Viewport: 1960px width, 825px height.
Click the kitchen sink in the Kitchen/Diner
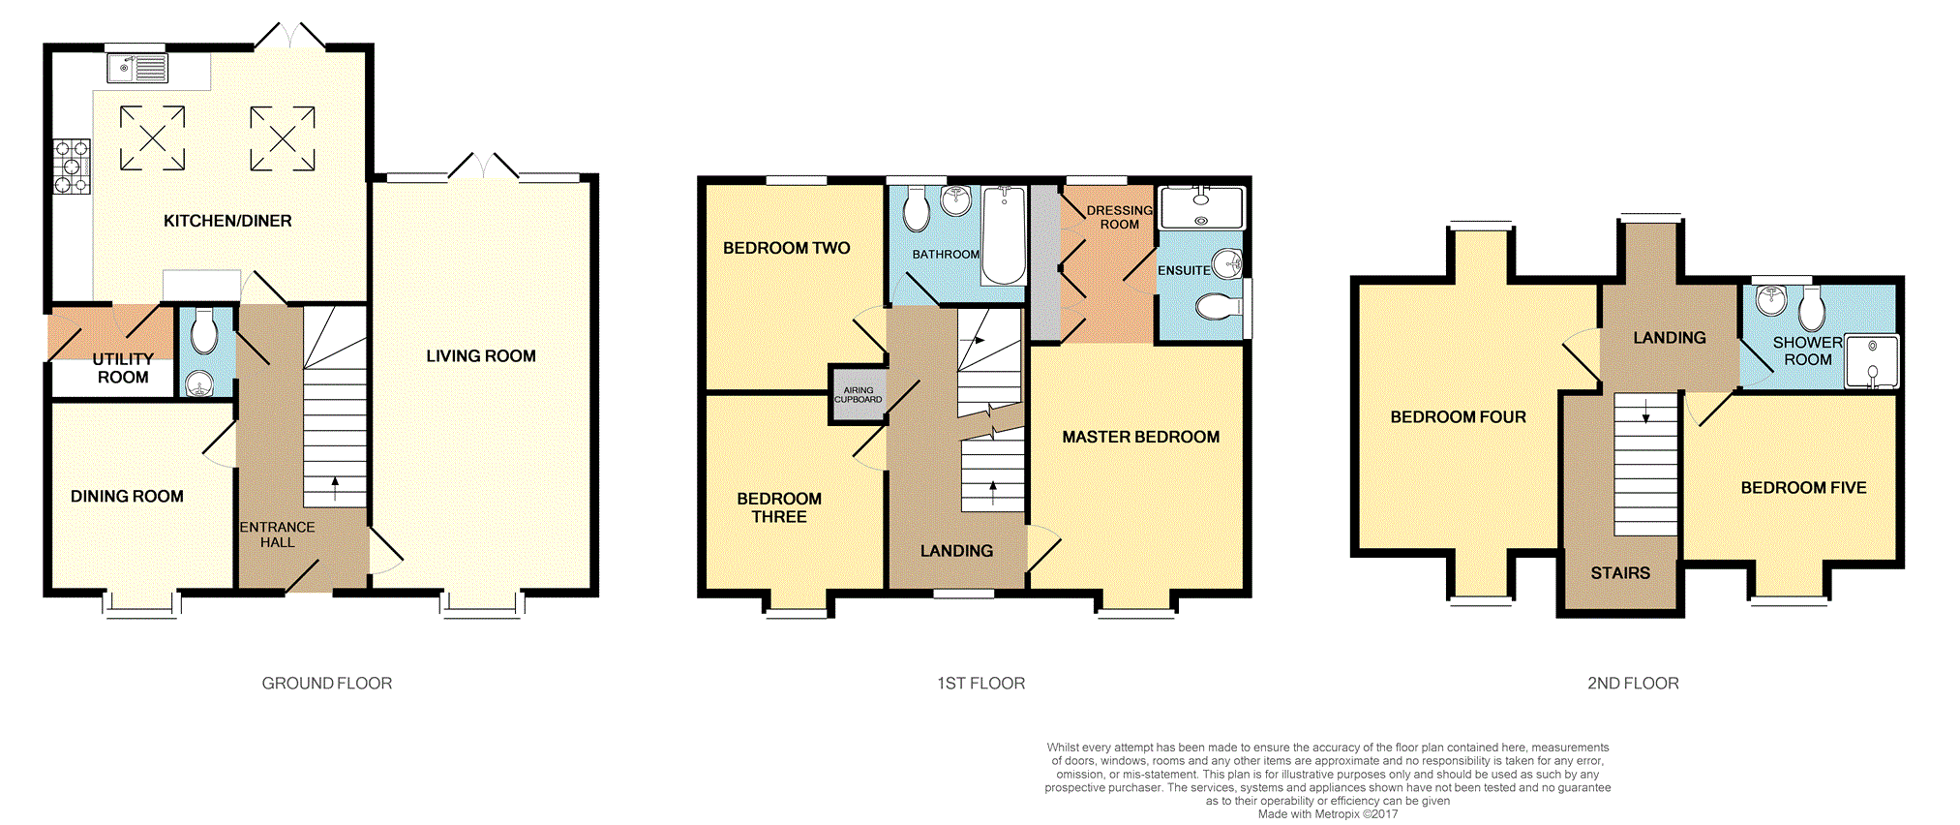point(137,68)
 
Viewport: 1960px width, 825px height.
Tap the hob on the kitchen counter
point(72,167)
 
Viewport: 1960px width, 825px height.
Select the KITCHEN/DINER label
point(227,221)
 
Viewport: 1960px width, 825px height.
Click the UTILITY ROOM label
point(123,368)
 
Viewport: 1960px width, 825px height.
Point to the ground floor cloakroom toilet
point(204,332)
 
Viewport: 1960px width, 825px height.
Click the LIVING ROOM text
point(481,356)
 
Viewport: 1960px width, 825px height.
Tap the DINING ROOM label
point(127,497)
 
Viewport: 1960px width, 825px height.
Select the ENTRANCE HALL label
point(277,535)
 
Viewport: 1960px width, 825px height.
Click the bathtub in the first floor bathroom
point(1004,235)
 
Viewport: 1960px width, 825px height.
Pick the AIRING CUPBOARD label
point(859,395)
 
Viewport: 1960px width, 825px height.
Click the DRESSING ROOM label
point(1119,217)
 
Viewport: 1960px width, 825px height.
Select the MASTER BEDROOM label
point(1140,438)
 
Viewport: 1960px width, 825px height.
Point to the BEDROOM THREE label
point(779,507)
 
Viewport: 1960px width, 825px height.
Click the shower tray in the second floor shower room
point(1872,361)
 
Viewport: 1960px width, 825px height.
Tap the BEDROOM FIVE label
point(1803,488)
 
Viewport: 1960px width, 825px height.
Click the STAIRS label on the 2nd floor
point(1620,573)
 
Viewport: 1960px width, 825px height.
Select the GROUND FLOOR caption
point(327,684)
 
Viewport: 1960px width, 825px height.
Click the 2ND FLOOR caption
point(1633,684)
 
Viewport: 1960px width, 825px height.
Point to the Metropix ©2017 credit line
point(1327,814)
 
